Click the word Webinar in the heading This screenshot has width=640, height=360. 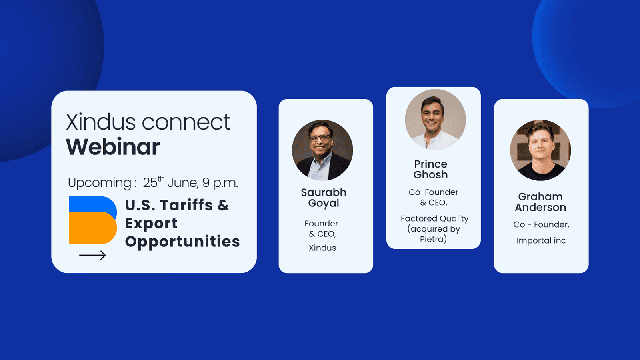(113, 147)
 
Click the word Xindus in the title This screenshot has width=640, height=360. (100, 122)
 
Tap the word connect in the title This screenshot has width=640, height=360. (186, 122)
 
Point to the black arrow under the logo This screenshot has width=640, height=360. (92, 255)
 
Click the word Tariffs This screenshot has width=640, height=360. (186, 205)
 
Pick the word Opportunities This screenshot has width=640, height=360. (182, 242)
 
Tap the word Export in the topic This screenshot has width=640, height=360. (151, 224)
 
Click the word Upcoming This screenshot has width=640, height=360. (100, 183)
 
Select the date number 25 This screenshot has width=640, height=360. (150, 183)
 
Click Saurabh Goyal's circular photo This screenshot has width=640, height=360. (322, 150)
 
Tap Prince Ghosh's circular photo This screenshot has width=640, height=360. (436, 120)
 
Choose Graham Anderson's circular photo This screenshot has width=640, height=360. (540, 150)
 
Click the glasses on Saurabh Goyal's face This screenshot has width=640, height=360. (320, 138)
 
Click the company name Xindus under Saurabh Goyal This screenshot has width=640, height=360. (322, 248)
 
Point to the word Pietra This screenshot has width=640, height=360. (433, 239)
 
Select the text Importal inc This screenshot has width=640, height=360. (541, 240)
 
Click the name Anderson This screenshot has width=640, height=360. (540, 208)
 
